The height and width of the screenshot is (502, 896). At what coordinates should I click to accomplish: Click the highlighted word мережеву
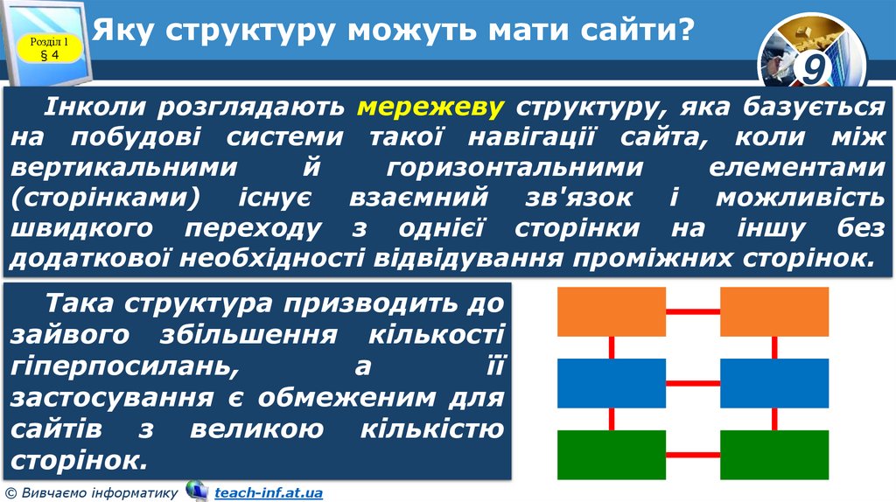point(430,108)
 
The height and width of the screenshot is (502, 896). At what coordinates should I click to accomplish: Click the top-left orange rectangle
point(612,311)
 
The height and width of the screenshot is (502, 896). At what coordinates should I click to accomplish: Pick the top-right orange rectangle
point(773,311)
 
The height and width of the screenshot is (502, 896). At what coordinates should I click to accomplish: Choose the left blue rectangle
point(612,383)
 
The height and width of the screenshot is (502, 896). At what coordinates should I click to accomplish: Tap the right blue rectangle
point(773,383)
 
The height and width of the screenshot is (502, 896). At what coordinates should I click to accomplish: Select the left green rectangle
point(612,455)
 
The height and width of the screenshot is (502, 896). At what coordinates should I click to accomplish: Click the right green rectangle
point(773,455)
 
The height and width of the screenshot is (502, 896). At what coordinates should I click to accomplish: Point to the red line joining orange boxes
point(693,311)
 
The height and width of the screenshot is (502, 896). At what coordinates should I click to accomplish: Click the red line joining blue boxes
point(693,383)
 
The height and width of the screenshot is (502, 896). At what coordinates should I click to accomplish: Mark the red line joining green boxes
point(693,455)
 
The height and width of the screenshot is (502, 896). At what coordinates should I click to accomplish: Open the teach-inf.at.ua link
point(269,493)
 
